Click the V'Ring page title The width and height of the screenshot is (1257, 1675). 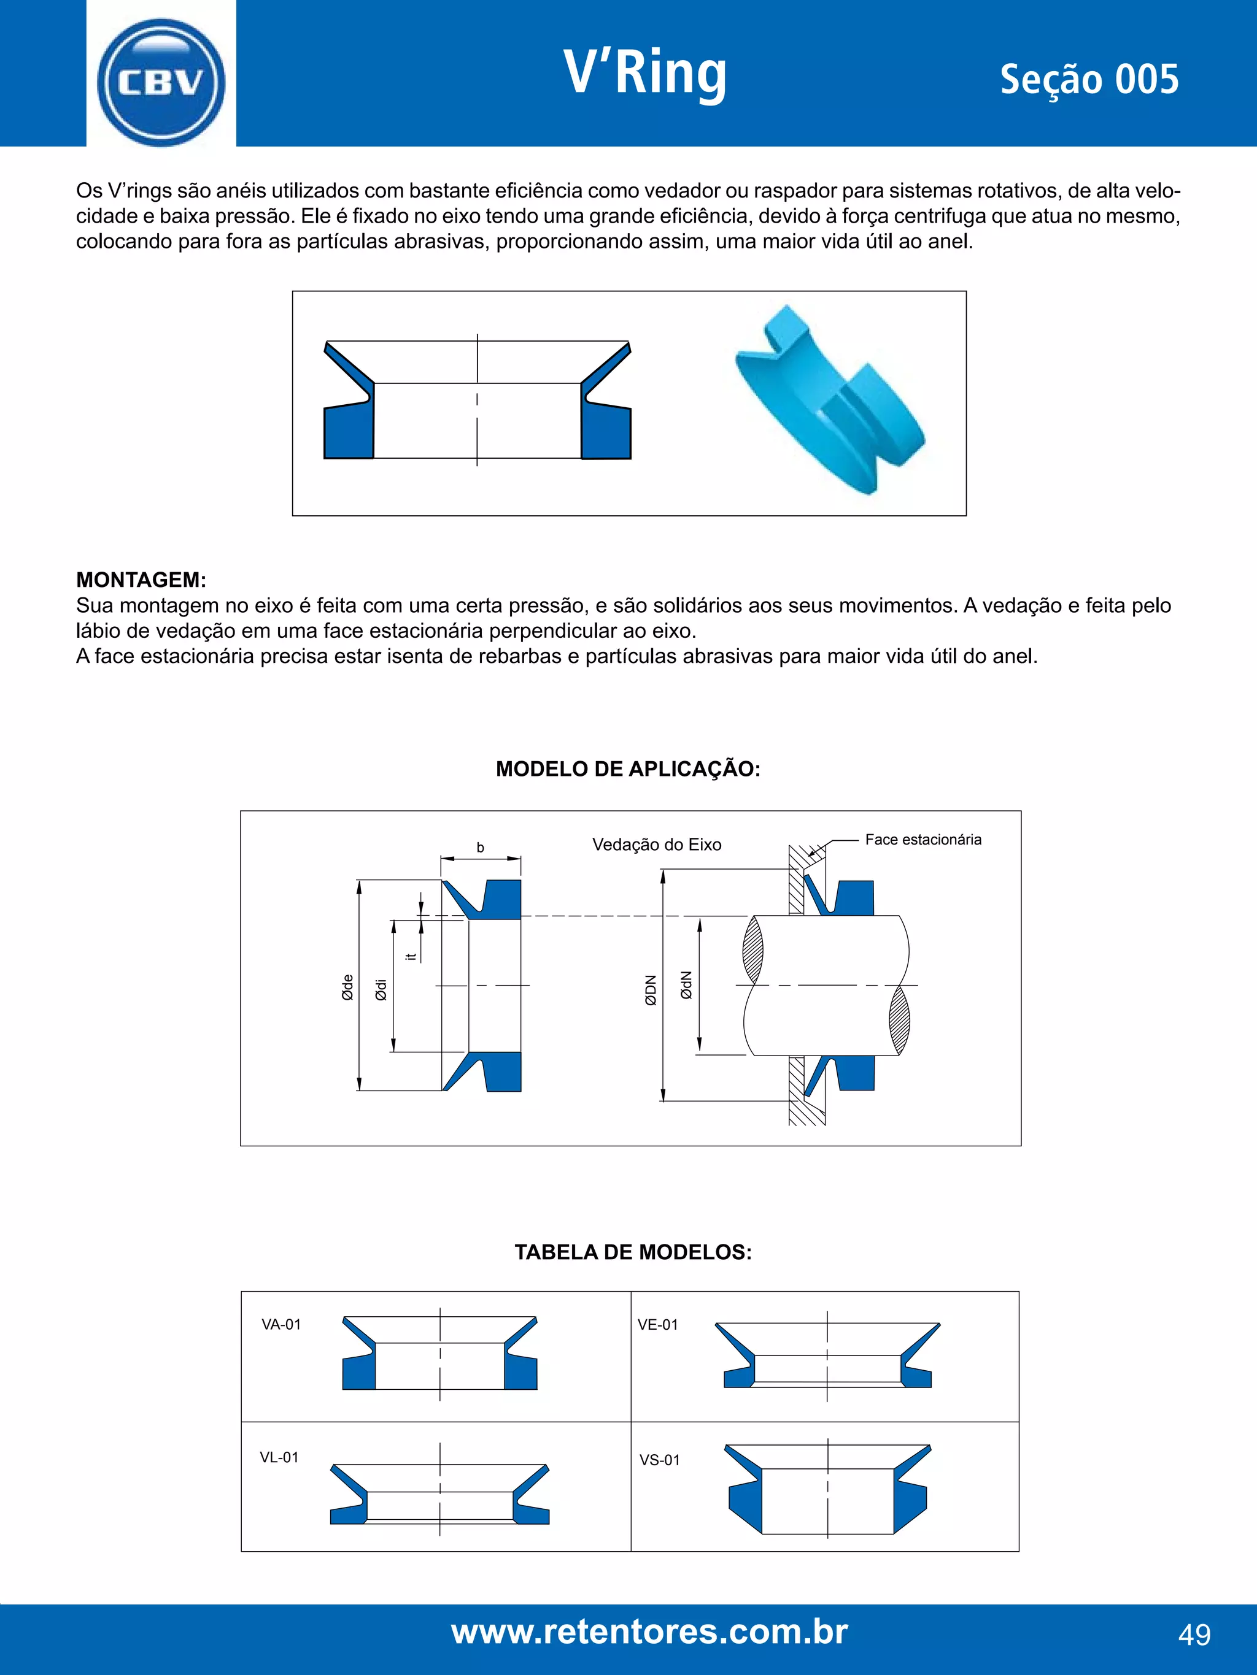[645, 74]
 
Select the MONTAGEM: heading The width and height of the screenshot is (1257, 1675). [141, 580]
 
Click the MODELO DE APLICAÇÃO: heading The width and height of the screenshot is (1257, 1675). [627, 769]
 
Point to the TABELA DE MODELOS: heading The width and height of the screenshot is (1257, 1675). [633, 1252]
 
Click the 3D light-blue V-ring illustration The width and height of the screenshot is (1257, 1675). [830, 399]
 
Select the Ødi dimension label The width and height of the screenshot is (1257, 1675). [381, 989]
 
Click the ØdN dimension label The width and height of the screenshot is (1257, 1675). [686, 986]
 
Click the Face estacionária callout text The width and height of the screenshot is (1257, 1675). [923, 839]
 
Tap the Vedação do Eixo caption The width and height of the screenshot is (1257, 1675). [656, 845]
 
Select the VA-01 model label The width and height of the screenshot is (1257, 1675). [281, 1324]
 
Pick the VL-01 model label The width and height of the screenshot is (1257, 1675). [279, 1457]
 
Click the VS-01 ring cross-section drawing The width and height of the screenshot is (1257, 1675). [827, 1489]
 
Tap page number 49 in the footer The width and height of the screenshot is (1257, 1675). [1194, 1635]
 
